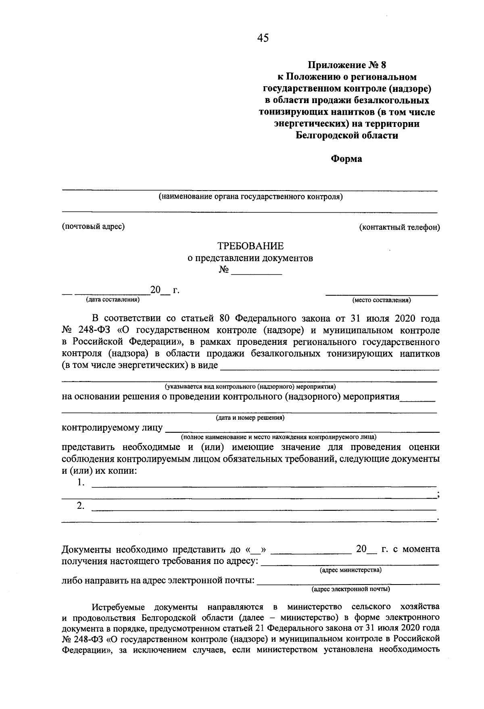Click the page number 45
tap(262, 38)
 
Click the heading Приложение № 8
tap(346, 64)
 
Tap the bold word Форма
tap(346, 159)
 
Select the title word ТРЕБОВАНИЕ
tap(250, 246)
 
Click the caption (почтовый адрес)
tap(93, 226)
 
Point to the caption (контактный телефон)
tap(400, 227)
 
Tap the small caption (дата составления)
tap(113, 300)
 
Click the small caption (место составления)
tap(382, 300)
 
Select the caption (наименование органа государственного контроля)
tap(250, 197)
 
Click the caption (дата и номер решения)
tap(250, 418)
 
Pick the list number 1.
tap(81, 483)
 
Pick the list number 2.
tap(81, 506)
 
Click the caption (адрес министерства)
tap(350, 570)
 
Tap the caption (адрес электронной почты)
tap(350, 589)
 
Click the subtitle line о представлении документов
tap(250, 258)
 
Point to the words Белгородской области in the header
tap(346, 136)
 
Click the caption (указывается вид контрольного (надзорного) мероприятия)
tap(250, 386)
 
